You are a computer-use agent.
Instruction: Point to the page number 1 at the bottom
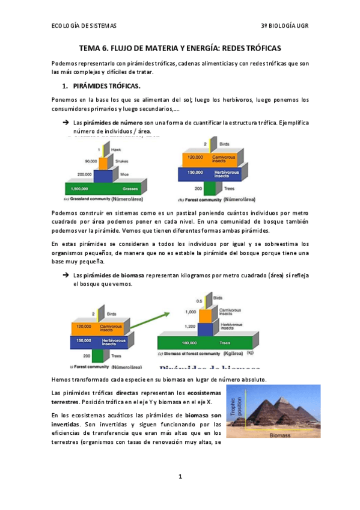pos(180,476)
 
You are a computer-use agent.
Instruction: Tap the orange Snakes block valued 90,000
pos(103,162)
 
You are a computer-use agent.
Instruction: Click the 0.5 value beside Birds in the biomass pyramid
pos(200,301)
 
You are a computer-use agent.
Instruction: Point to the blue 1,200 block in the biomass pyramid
pos(207,327)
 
